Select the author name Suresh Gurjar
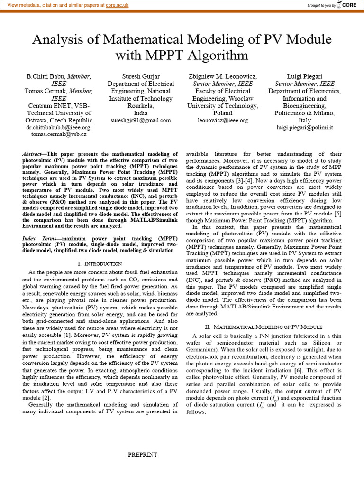135,76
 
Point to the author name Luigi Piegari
304,76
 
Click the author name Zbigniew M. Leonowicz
223,76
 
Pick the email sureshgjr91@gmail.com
135,121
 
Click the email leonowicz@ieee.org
223,121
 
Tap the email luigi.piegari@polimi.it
304,128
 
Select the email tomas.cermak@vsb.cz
59,135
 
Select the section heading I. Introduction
100,263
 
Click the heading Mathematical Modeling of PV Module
269,327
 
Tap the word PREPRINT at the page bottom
142,455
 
